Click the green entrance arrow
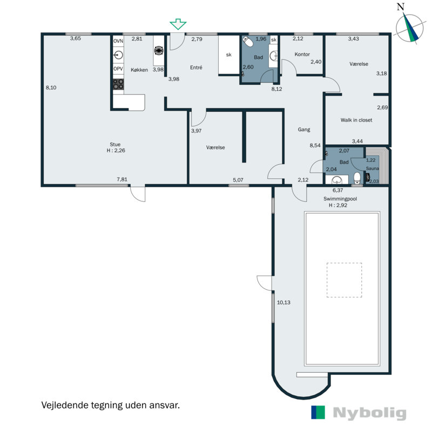(x=178, y=24)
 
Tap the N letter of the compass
(x=401, y=7)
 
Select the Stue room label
(x=115, y=144)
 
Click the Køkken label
(x=139, y=70)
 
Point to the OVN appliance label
(x=118, y=41)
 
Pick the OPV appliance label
(x=118, y=69)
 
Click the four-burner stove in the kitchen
(x=118, y=84)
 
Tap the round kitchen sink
(x=118, y=55)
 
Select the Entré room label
(x=196, y=67)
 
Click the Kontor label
(x=302, y=55)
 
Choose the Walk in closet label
(x=356, y=120)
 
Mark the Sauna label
(x=373, y=168)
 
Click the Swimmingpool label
(x=340, y=199)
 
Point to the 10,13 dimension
(x=283, y=302)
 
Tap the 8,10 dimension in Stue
(x=51, y=87)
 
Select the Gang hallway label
(x=304, y=130)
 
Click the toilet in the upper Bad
(x=248, y=42)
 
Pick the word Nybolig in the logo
(x=370, y=413)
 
